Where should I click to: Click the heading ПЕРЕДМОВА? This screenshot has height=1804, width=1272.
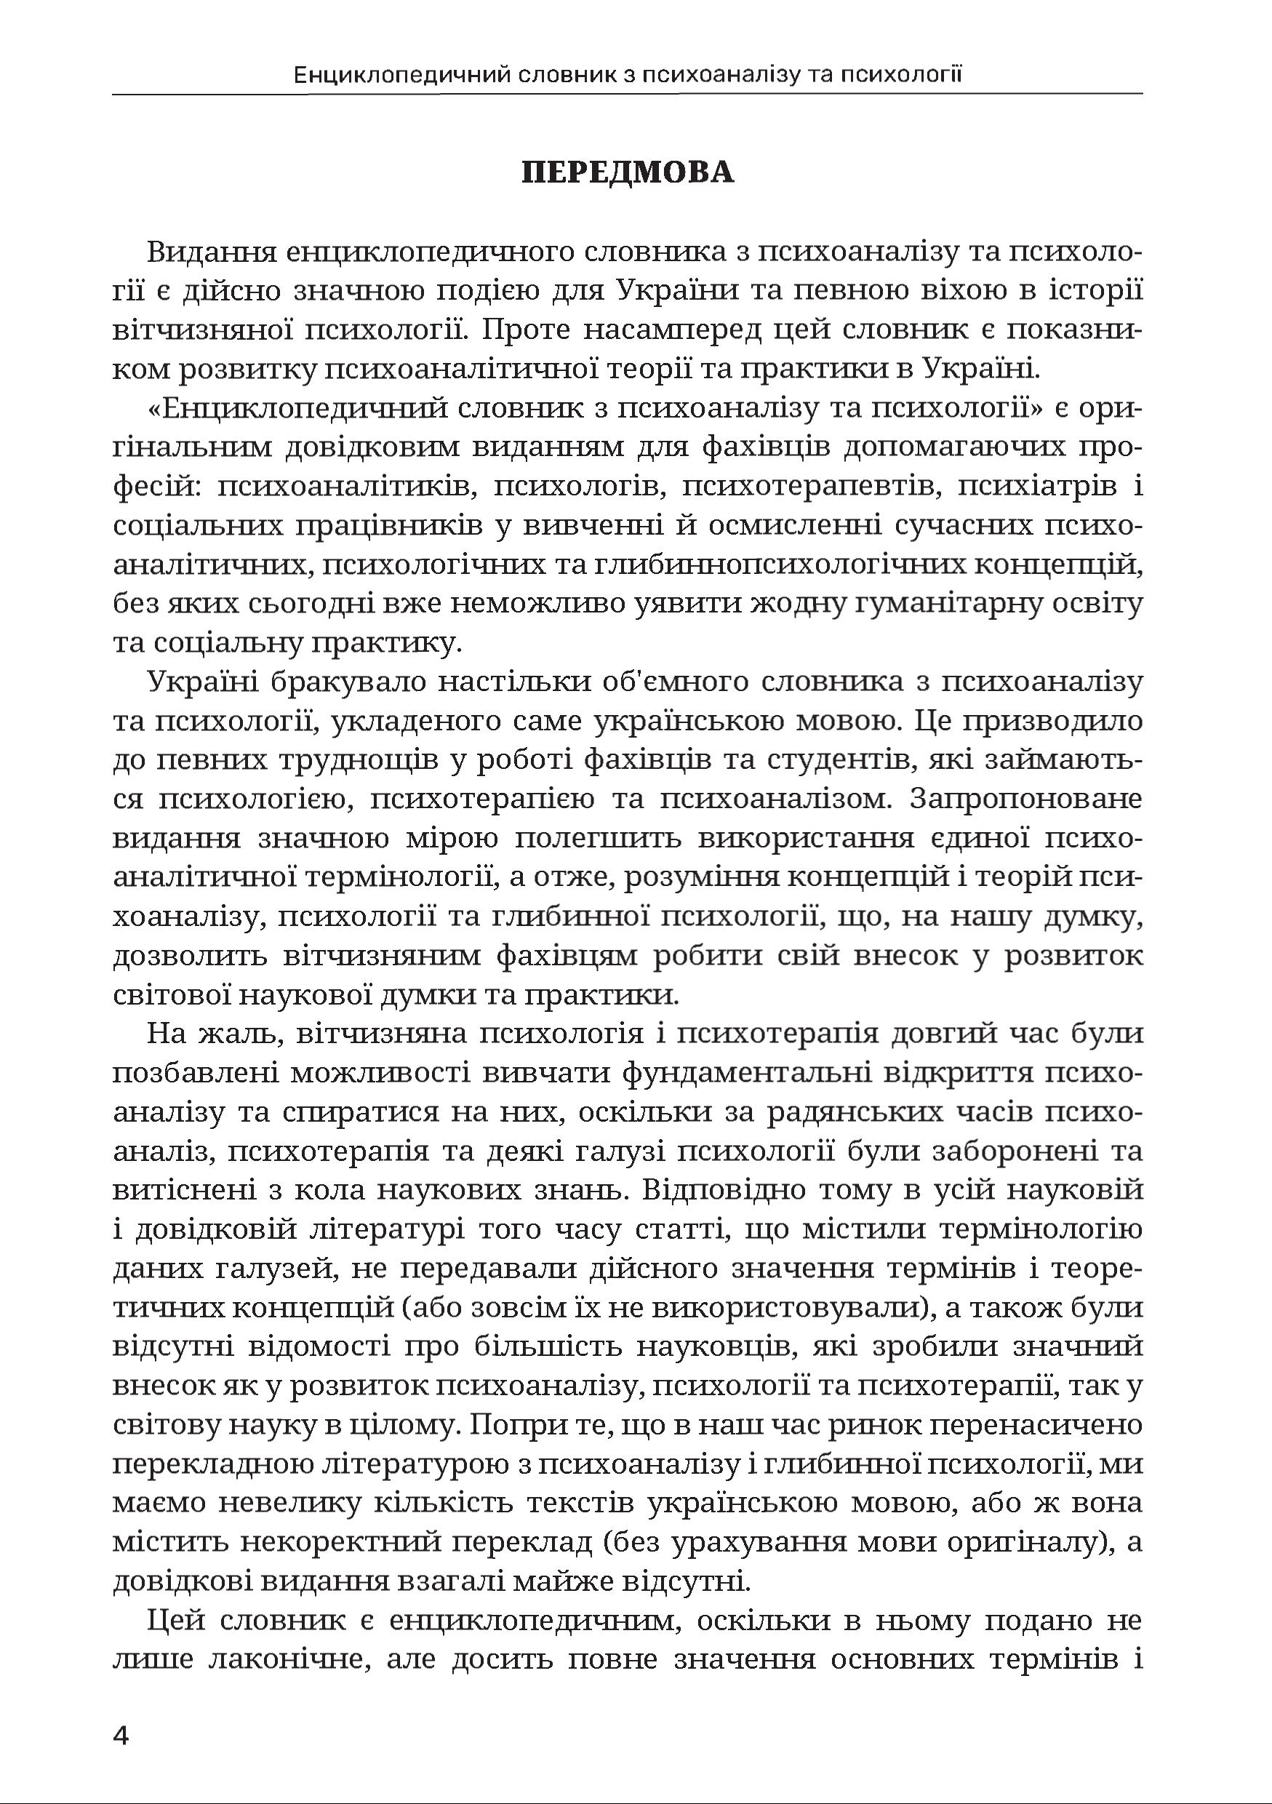click(x=628, y=172)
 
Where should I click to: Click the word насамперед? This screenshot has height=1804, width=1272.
click(x=673, y=330)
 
